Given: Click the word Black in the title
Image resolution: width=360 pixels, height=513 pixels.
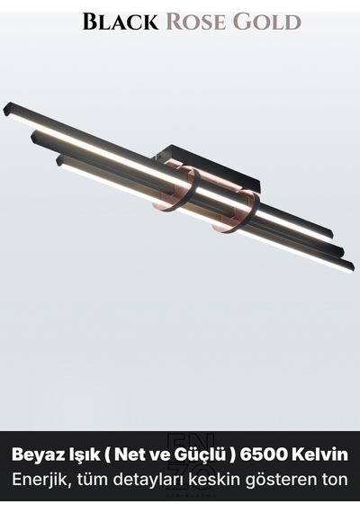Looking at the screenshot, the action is [x=120, y=22].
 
